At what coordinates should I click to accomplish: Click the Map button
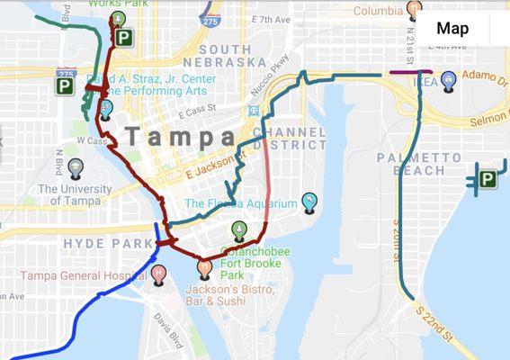(x=452, y=28)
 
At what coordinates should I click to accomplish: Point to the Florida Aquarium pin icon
(x=309, y=202)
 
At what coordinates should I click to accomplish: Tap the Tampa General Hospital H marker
(x=159, y=273)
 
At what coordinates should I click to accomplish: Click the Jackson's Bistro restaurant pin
(x=206, y=267)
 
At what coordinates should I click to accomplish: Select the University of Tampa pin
(x=76, y=167)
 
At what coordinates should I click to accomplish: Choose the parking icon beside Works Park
(x=123, y=38)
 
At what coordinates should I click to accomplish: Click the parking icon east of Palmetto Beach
(x=487, y=179)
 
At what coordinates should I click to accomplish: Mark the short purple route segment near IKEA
(x=410, y=70)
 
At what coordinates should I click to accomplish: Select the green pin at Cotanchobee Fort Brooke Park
(x=238, y=229)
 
